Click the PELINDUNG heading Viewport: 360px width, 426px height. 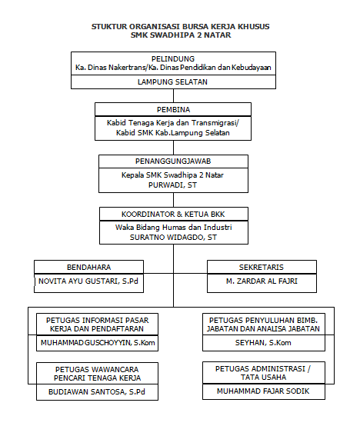(x=173, y=58)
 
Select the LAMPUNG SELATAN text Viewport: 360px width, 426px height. (x=172, y=82)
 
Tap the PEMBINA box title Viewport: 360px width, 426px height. (x=173, y=109)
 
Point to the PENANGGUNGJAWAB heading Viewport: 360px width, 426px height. (x=173, y=161)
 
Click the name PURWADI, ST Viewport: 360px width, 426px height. (x=172, y=185)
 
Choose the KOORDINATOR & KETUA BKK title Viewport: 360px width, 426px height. (x=173, y=214)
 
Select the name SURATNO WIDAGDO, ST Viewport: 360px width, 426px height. (x=173, y=237)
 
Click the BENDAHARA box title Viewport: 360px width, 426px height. (x=88, y=267)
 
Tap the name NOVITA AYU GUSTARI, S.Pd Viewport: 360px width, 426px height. (x=88, y=281)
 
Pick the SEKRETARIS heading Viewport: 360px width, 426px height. (x=262, y=267)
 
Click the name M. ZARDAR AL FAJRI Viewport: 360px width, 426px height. (x=262, y=281)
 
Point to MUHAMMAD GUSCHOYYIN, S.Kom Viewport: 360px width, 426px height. (x=98, y=343)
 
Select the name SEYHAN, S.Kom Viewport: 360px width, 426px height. (x=263, y=343)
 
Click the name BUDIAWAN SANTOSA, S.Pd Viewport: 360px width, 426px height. (x=97, y=391)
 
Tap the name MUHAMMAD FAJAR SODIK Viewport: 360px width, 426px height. (x=263, y=391)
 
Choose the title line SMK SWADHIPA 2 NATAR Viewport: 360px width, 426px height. (x=181, y=35)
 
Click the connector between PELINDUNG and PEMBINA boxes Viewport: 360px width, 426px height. (x=173, y=95)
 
